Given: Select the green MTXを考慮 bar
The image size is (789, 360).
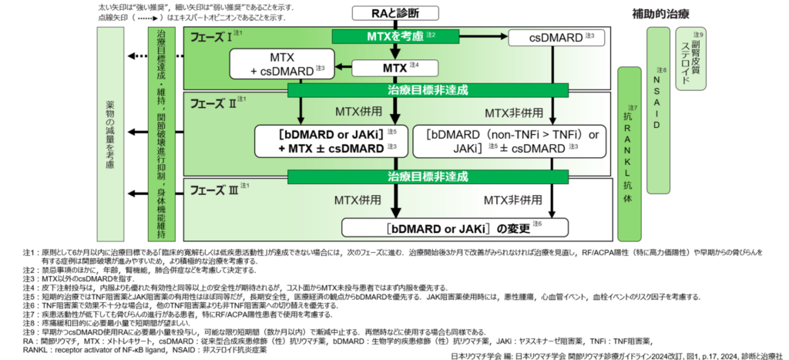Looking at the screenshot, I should pyautogui.click(x=394, y=36).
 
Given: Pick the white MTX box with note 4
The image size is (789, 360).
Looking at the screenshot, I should pyautogui.click(x=395, y=68).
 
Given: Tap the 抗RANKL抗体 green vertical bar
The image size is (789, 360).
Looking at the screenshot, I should pyautogui.click(x=631, y=153).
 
